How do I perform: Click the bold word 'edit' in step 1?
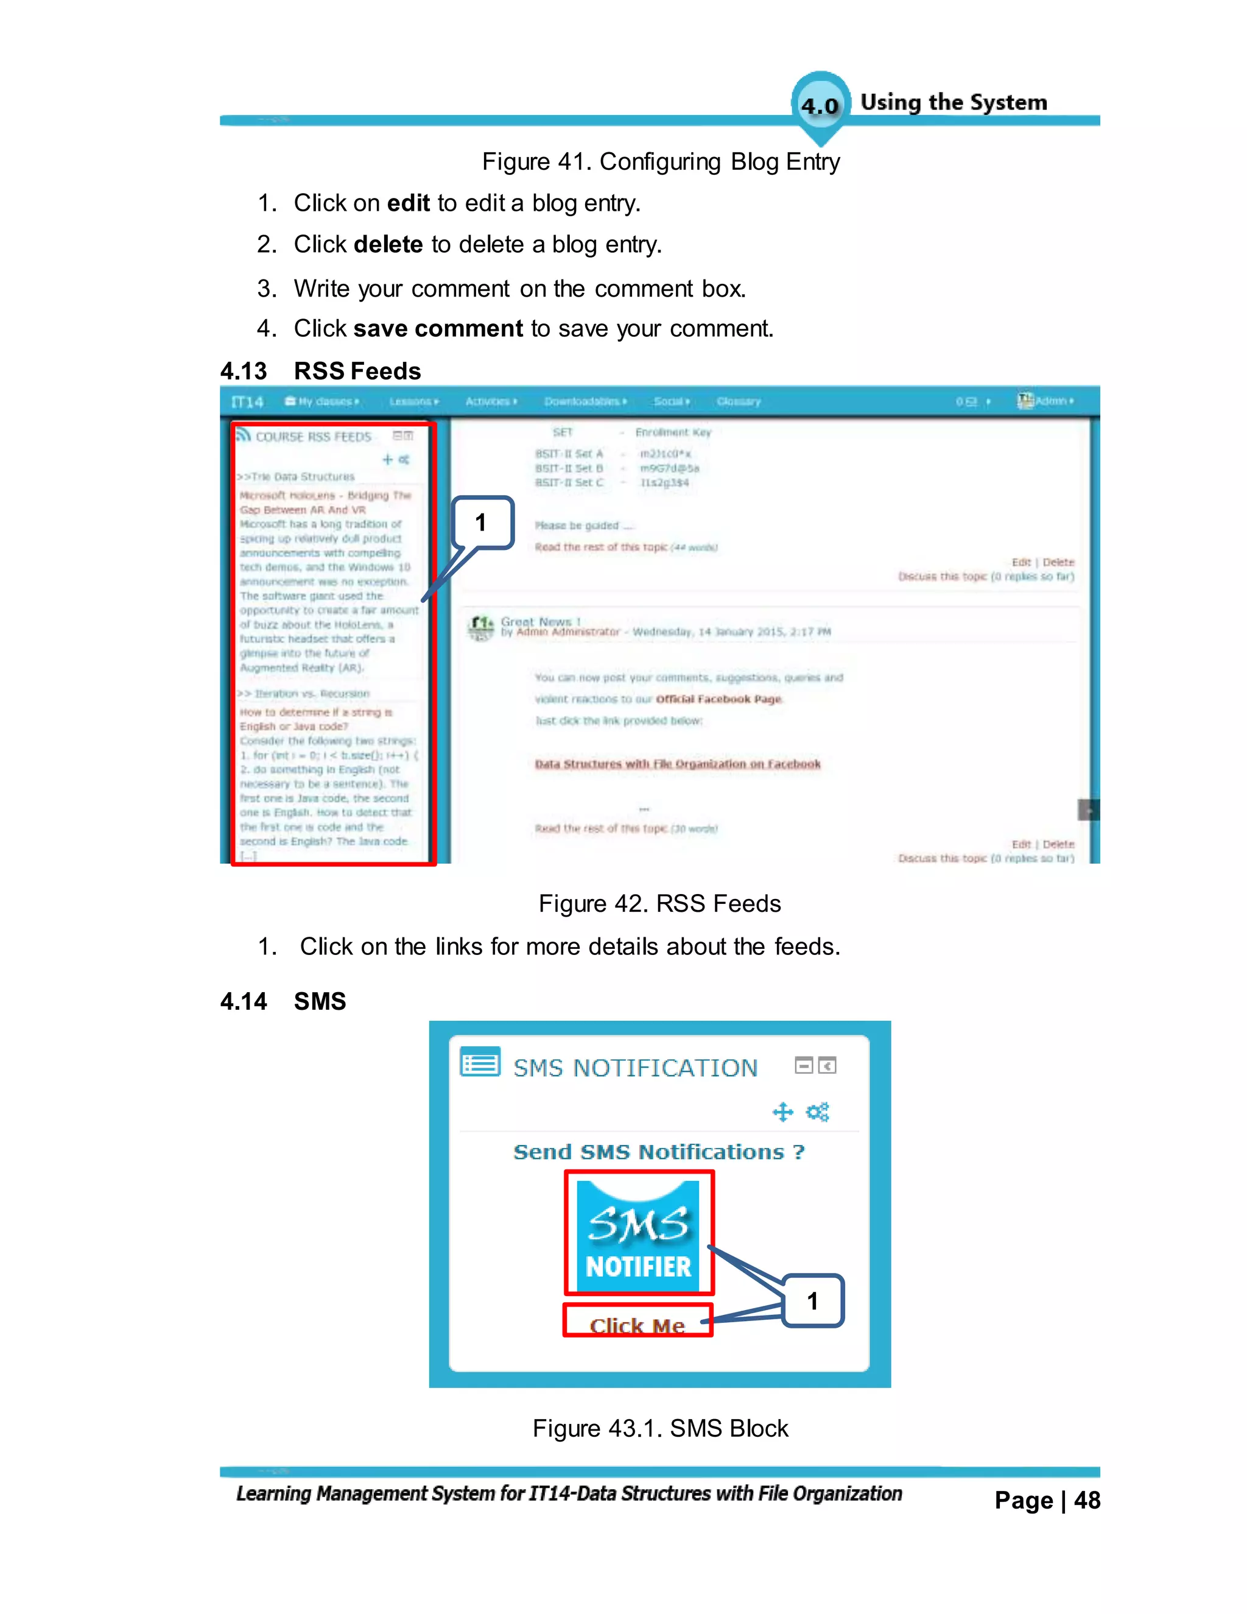tap(408, 203)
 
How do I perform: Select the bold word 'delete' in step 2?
tap(388, 245)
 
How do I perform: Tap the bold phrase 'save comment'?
tap(438, 329)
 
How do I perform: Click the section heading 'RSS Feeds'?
tap(357, 371)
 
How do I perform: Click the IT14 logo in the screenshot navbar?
tap(247, 402)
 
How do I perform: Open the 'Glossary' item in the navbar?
tap(738, 402)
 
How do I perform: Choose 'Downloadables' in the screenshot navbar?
tap(583, 402)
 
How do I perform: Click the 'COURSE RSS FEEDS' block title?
tap(313, 437)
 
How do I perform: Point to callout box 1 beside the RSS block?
tap(482, 523)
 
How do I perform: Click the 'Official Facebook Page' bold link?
tap(718, 699)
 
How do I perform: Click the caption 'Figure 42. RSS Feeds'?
tap(659, 904)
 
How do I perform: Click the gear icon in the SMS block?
tap(817, 1112)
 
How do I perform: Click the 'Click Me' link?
tap(637, 1326)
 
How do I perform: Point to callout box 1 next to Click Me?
tap(813, 1302)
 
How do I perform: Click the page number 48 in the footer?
tap(1087, 1501)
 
